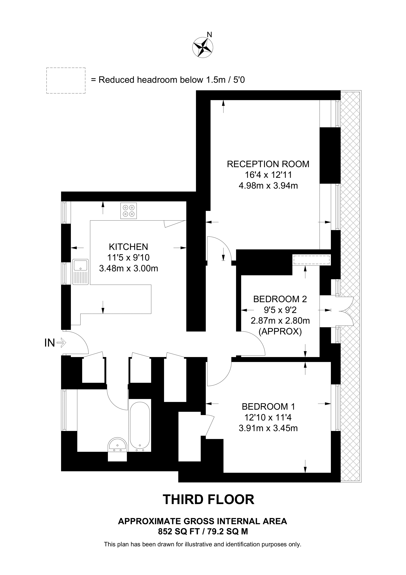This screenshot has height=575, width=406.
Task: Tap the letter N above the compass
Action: (x=209, y=35)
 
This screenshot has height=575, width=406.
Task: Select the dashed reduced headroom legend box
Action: (x=66, y=81)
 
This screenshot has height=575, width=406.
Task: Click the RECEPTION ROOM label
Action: (x=268, y=164)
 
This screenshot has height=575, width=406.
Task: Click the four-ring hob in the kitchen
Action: (x=129, y=211)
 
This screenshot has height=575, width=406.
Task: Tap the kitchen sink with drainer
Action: (x=80, y=272)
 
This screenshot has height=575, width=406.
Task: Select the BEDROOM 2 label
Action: (x=280, y=299)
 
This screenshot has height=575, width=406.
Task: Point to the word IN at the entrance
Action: (x=49, y=343)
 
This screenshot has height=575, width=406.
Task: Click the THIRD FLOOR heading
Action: (x=208, y=500)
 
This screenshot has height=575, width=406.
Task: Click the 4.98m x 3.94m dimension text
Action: (x=268, y=186)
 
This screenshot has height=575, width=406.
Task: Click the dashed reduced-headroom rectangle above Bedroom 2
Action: (x=312, y=260)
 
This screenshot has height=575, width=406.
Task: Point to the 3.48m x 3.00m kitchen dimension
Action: (x=129, y=268)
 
